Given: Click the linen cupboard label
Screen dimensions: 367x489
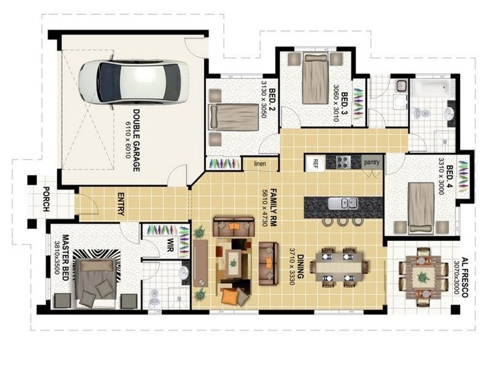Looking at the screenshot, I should coord(260,163).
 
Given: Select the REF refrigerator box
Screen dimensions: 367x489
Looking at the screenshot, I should coord(315,163).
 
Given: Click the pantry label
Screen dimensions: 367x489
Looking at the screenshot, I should coord(372,162).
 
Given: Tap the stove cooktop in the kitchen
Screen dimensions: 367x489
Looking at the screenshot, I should coord(343,162).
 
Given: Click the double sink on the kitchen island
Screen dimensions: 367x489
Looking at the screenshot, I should coord(342,203).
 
